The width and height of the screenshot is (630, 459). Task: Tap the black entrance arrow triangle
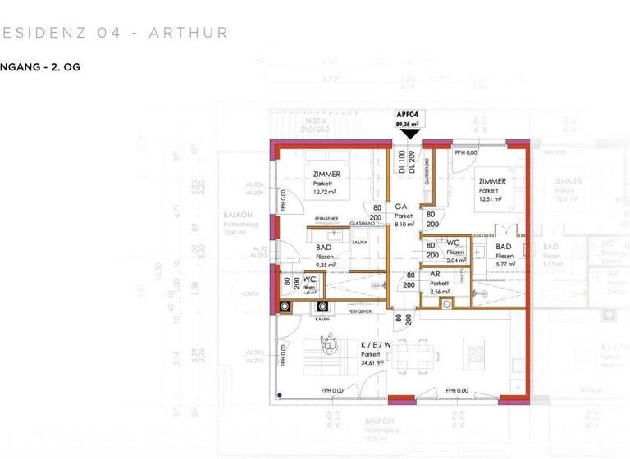click(x=408, y=134)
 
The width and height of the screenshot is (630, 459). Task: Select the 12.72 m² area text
click(x=326, y=193)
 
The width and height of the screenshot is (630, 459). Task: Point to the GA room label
click(x=402, y=207)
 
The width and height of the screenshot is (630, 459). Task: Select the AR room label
click(x=435, y=275)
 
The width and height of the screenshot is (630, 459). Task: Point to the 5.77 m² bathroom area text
click(x=504, y=265)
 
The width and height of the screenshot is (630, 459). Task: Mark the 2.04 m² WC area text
click(x=456, y=261)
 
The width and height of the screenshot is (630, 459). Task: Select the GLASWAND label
click(x=362, y=223)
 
